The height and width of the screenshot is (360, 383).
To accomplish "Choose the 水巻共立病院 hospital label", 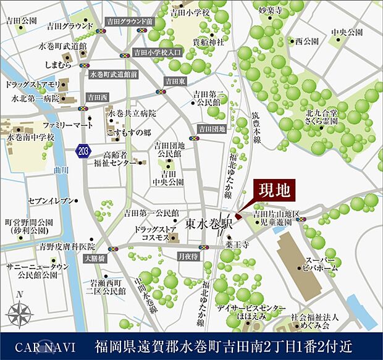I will point(132,114).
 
